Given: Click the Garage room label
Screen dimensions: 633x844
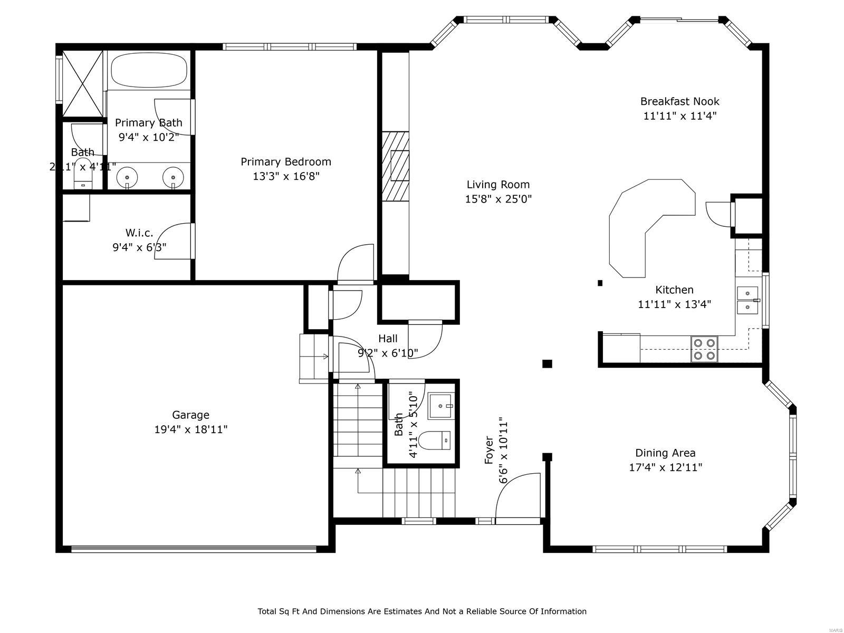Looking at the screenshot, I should [190, 415].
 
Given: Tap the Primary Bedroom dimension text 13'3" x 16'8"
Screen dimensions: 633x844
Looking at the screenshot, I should [286, 176].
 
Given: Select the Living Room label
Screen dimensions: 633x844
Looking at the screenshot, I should [498, 185].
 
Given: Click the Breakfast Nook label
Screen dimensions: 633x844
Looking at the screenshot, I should [679, 101].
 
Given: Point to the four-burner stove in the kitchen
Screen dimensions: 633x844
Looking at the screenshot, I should [704, 349].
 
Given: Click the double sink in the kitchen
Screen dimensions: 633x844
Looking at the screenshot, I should [747, 300].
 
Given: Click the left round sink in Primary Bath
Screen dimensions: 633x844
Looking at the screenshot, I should [127, 176].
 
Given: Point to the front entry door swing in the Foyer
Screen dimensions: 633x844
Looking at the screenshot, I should [517, 496].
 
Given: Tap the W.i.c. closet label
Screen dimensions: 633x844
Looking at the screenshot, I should [139, 233].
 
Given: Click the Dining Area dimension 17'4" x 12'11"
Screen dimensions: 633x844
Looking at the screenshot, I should [665, 467].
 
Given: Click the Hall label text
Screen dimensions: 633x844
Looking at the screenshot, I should [388, 339].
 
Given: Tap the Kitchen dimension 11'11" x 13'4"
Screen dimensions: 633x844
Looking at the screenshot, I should [674, 304].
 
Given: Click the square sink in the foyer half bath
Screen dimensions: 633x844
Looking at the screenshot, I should [440, 406].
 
